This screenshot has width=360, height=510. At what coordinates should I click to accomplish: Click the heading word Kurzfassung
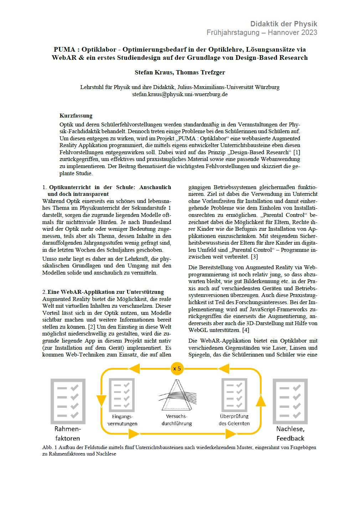pos(76,116)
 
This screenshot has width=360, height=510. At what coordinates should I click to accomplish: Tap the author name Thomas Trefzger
pos(201,72)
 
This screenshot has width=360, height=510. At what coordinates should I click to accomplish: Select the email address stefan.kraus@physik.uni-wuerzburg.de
pos(180,94)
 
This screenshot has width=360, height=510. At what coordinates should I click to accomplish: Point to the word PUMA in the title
pos(65,50)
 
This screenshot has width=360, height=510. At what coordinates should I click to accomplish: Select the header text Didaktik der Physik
pos(283,24)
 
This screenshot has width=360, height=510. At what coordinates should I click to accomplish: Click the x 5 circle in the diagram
pos(177,368)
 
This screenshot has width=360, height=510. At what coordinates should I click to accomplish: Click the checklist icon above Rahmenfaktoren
pos(68,400)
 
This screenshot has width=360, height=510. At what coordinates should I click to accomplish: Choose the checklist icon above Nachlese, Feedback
pos(290,400)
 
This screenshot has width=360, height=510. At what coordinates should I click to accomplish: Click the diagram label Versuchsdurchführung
pos(177,420)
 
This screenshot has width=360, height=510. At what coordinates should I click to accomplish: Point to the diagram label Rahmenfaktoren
pos(67,433)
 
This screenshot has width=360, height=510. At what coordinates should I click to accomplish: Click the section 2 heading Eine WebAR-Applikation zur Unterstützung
pos(106,292)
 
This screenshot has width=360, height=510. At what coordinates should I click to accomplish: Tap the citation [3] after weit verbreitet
pos(254,257)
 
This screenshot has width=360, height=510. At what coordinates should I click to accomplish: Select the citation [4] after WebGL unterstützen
pos(246,330)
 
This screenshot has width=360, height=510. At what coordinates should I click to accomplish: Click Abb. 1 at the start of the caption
pos(47,448)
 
